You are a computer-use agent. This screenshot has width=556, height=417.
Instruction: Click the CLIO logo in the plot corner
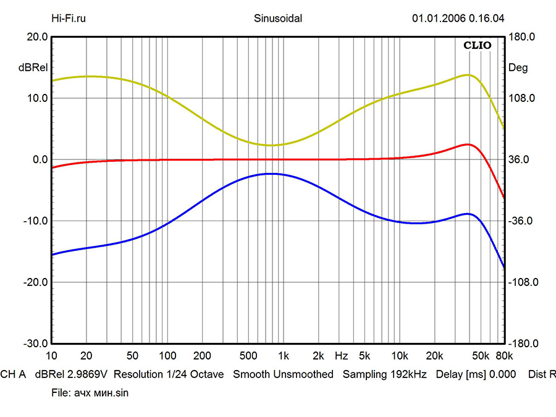478,45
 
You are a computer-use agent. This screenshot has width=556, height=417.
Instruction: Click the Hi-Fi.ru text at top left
68,18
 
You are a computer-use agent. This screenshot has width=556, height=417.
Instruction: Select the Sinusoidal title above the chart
278,18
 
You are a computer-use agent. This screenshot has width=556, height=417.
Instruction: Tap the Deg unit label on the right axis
516,67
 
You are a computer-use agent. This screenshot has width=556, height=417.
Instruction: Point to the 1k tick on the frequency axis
283,356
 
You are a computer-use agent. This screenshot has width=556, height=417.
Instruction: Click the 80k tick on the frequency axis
503,356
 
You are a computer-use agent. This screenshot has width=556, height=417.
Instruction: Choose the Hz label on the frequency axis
341,356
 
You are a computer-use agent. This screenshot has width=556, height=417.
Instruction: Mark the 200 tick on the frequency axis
203,356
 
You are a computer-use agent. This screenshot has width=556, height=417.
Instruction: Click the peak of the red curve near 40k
468,144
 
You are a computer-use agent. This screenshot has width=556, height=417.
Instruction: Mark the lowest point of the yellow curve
271,145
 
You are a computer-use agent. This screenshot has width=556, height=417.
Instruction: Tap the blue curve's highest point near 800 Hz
271,174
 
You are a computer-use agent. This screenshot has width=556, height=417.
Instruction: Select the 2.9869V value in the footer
89,374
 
